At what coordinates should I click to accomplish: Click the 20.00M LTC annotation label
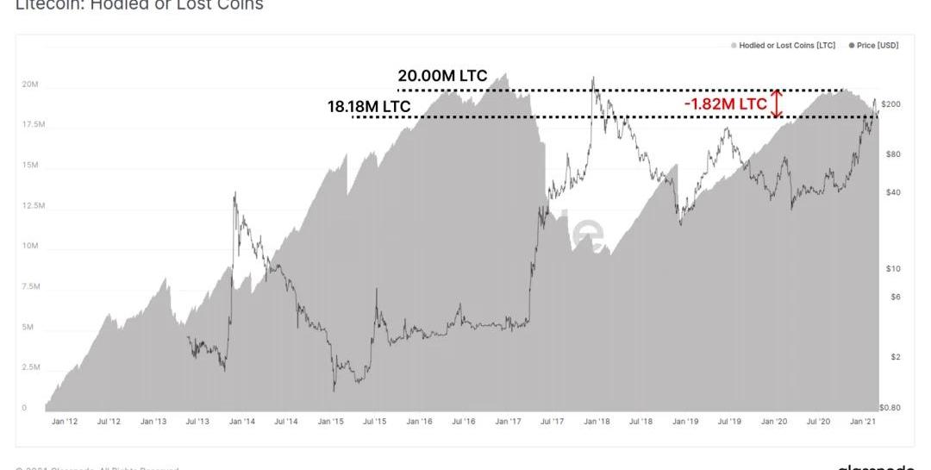coord(442,76)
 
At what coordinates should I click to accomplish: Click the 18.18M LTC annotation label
coord(368,107)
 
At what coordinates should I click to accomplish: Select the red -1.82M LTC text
coord(724,103)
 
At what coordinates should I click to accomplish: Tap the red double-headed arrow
coord(778,103)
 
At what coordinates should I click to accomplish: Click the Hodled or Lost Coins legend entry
coord(786,45)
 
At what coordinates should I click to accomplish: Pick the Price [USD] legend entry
coord(874,45)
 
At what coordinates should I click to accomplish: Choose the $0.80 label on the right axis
coord(890,406)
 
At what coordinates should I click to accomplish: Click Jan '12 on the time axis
coord(65,422)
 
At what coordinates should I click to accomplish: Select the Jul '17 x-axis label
coord(552,422)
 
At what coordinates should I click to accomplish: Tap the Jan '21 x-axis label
coord(864,422)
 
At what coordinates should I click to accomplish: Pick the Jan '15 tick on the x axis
coord(330,422)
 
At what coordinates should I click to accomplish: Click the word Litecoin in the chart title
coord(44,5)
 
